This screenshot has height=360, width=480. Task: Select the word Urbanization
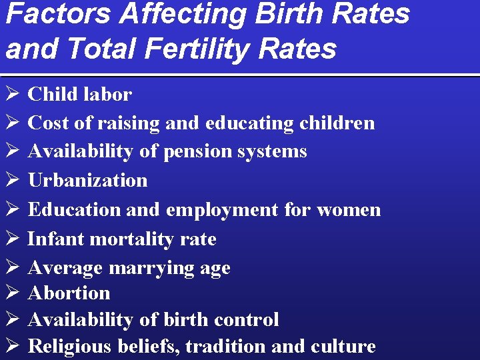87,180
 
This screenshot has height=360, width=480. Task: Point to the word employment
222,209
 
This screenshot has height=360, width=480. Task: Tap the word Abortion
69,293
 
